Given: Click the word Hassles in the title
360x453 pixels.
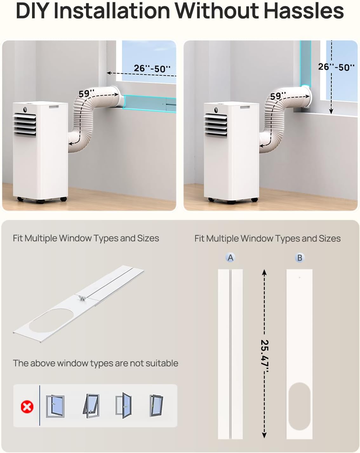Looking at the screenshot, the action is (303, 11).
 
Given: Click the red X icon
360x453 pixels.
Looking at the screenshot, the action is (27, 407).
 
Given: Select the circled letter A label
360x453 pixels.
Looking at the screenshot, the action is (230, 257).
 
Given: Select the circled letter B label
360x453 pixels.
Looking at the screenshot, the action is (300, 257).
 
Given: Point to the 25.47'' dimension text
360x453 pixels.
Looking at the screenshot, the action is (264, 356).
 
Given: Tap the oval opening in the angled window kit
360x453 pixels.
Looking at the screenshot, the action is (51, 321).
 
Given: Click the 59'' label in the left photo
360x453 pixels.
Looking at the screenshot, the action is (86, 93).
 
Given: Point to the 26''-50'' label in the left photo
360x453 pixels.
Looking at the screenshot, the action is (152, 69).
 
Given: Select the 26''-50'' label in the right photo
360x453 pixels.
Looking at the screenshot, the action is (336, 67).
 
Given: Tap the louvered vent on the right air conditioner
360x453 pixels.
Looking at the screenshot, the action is (216, 125).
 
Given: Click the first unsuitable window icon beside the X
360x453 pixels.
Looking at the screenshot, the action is (55, 406).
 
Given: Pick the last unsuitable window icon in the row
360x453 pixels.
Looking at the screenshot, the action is (156, 405).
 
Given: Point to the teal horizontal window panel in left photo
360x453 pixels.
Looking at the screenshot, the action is (150, 104).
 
